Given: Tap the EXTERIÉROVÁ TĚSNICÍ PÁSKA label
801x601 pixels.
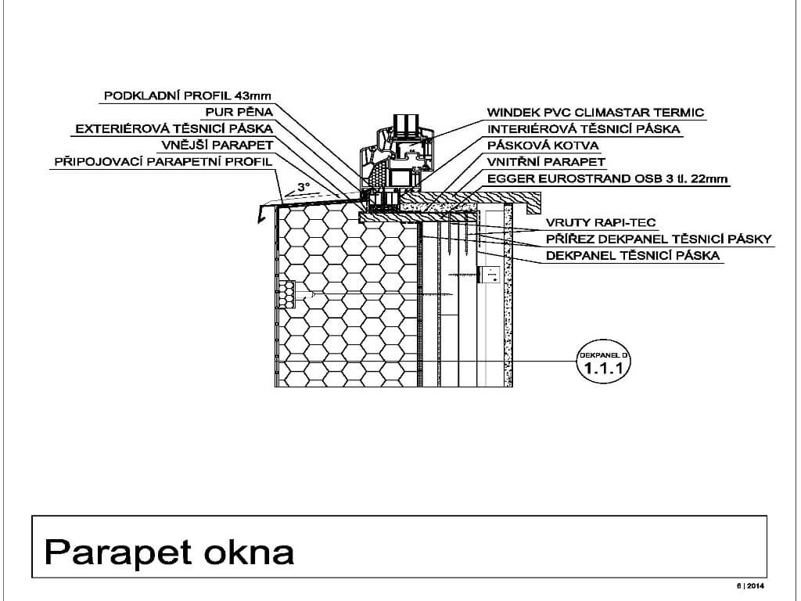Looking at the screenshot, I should point(174,128).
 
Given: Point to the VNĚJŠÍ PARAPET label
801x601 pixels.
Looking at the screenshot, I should point(217,145).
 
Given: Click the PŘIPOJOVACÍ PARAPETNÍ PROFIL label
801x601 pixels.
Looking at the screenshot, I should point(163,162).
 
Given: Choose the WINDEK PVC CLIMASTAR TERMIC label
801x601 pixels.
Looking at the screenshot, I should point(595,112).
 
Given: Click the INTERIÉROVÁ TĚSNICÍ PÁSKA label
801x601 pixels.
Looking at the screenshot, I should point(584,128).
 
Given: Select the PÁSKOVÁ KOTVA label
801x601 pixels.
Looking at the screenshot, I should point(543,146).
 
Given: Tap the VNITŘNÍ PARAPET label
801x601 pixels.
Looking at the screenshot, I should point(546,162).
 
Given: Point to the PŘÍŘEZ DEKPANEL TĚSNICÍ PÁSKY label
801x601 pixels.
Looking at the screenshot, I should point(659,239).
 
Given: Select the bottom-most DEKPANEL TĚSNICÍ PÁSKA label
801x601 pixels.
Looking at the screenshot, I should point(633,255).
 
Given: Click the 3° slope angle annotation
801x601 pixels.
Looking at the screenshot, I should point(304,187).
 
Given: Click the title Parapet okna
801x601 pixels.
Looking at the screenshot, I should point(169,552).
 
